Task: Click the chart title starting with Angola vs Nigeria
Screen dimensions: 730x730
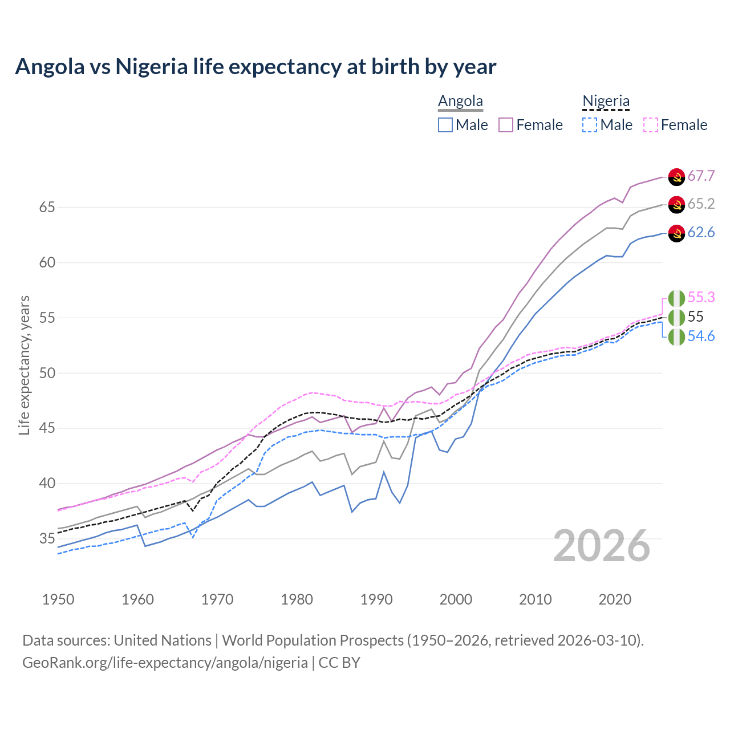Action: click(255, 67)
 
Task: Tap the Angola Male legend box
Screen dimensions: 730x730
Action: click(445, 125)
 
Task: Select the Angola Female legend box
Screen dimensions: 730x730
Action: click(506, 125)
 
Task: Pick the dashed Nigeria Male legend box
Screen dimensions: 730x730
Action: click(590, 125)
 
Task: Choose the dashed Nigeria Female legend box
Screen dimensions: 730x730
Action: click(651, 125)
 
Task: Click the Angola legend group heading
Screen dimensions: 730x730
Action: click(460, 102)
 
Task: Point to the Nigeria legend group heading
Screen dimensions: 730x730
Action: click(606, 102)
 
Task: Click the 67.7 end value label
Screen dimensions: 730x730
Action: click(701, 176)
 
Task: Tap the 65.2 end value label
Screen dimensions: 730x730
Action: click(701, 204)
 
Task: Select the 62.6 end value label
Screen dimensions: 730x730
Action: click(701, 232)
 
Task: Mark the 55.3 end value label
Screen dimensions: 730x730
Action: click(701, 297)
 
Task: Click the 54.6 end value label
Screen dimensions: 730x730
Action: click(701, 336)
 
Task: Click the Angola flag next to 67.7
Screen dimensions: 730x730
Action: click(676, 177)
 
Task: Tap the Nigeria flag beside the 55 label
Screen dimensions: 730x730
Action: click(676, 317)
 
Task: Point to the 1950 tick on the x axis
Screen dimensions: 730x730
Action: click(58, 599)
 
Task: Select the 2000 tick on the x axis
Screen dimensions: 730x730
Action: click(456, 599)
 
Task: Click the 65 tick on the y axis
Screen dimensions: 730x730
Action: click(47, 207)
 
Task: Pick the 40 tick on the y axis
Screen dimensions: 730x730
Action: click(47, 483)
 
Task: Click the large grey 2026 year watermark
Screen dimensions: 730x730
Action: click(601, 546)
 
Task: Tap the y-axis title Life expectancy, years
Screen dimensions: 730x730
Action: click(24, 365)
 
